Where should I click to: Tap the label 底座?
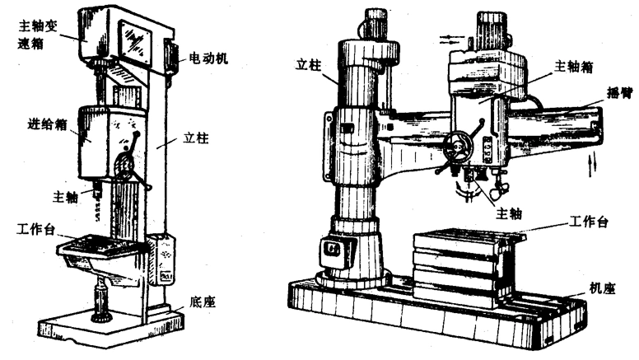[x=202, y=301]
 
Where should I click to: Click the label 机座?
[x=603, y=288]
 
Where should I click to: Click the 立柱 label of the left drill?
[x=195, y=138]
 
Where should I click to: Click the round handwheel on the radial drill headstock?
[x=455, y=150]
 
